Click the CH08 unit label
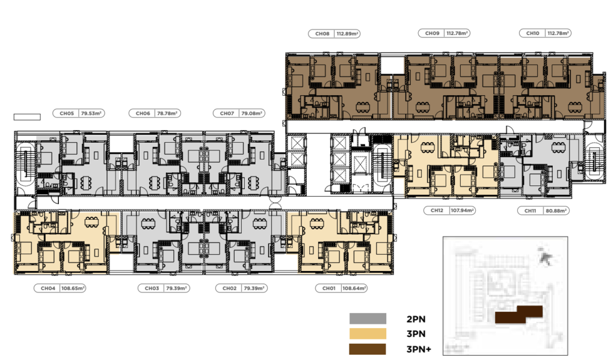point(322,34)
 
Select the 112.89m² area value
point(347,34)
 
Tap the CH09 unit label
point(432,33)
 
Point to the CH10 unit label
point(533,33)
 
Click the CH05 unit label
point(67,113)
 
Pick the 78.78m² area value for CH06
point(167,113)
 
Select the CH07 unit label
point(227,113)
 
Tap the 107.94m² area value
point(463,210)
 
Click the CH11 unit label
point(531,211)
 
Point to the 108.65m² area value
point(73,288)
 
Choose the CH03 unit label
point(152,288)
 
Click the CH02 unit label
point(229,288)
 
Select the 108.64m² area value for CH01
point(354,288)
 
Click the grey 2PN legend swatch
point(368,318)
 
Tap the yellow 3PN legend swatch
point(368,334)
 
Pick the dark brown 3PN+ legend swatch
point(368,349)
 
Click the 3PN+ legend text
point(419,349)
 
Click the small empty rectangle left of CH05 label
point(27,117)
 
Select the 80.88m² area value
point(556,211)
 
